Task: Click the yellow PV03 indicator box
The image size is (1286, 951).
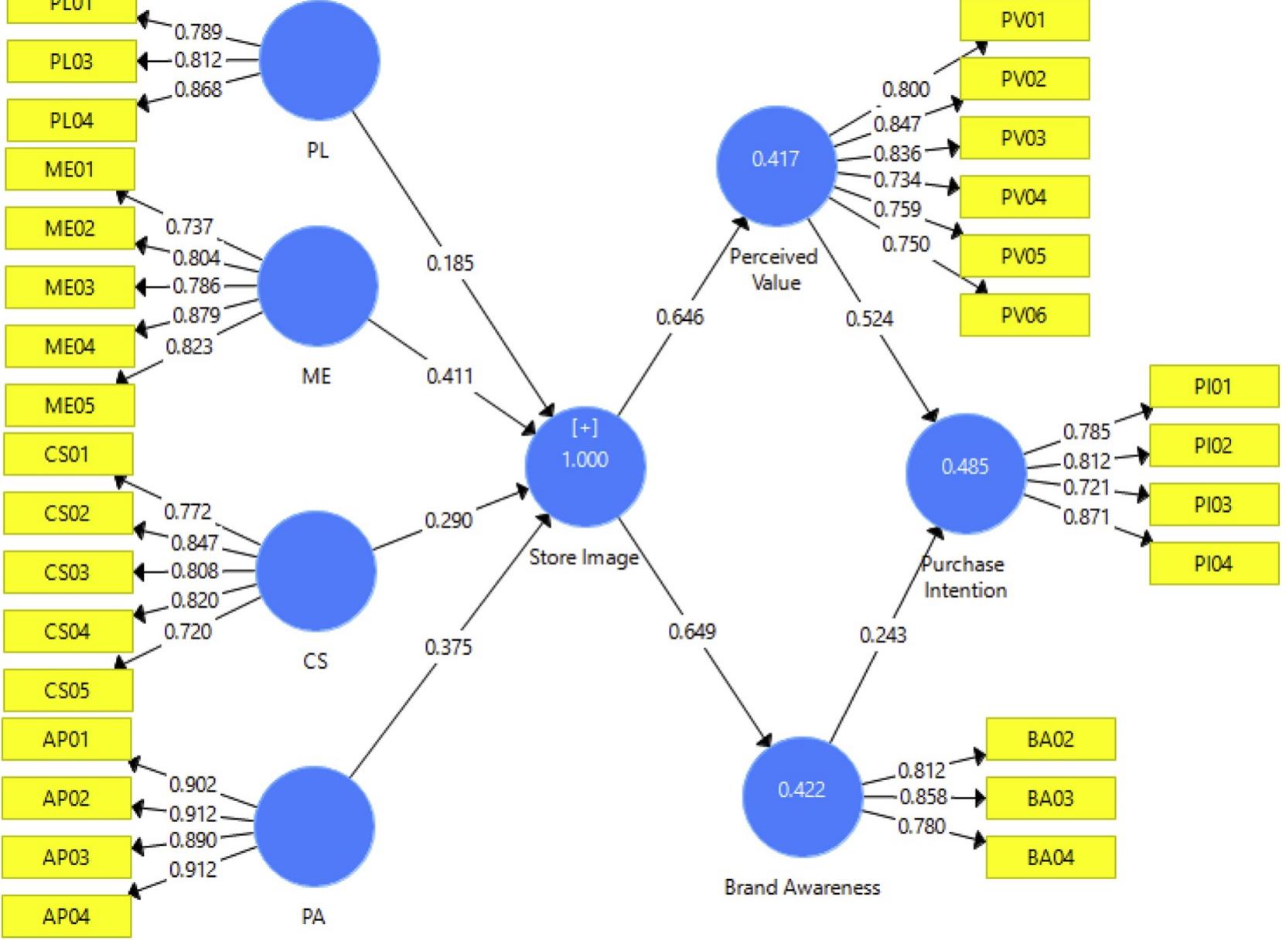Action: (1024, 138)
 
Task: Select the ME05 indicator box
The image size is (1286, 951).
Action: (70, 405)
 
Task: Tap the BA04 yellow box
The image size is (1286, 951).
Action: (1050, 857)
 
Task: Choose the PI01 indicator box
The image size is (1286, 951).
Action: (1213, 387)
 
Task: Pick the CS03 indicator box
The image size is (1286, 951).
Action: (67, 572)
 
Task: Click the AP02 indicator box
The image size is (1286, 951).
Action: (67, 798)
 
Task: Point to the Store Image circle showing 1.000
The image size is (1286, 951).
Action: (585, 466)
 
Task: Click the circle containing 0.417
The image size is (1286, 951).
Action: (776, 165)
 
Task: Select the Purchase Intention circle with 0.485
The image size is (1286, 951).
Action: (965, 472)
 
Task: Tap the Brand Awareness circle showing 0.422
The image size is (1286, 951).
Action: (802, 796)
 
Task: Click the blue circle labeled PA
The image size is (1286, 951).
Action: (314, 826)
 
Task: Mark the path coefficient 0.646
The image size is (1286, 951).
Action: (680, 317)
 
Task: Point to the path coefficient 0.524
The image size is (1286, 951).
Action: (869, 319)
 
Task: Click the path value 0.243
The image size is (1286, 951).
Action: (882, 635)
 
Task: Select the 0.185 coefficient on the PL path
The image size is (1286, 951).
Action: (449, 264)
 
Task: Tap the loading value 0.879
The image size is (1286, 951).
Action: (196, 315)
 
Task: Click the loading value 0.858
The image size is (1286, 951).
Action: (923, 797)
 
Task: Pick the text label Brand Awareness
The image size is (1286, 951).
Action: (802, 888)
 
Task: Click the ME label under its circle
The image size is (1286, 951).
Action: (316, 377)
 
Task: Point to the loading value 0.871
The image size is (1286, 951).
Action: (1086, 516)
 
